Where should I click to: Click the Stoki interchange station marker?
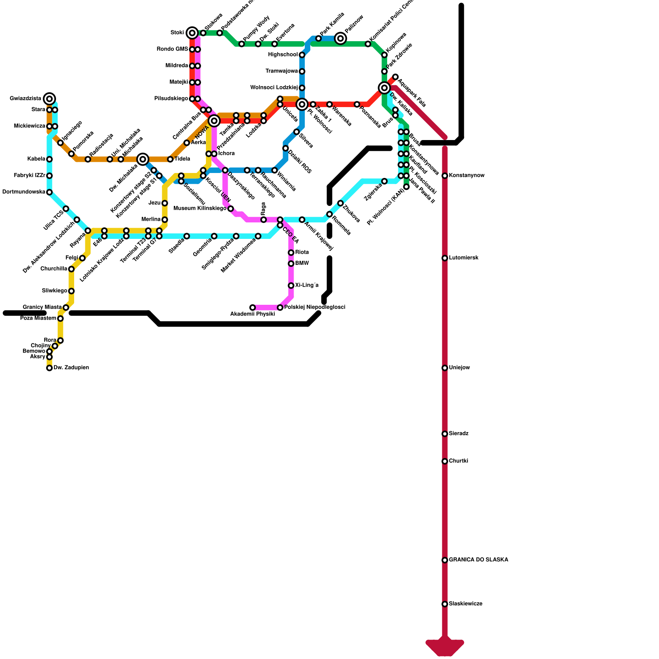[192, 33]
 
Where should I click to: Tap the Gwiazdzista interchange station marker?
[49, 99]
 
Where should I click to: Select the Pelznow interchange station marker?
[341, 38]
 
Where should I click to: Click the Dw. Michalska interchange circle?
[143, 159]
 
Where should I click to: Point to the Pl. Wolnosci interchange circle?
[302, 104]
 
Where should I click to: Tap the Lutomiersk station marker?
[445, 258]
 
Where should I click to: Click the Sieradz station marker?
[445, 434]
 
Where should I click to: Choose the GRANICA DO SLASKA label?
[478, 560]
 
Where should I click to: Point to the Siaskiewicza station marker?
[445, 604]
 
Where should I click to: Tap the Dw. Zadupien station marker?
[49, 368]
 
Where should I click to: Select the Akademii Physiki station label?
[252, 314]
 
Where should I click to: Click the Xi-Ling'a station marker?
[291, 285]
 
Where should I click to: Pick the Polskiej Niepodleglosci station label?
[314, 307]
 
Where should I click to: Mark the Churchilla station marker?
[71, 269]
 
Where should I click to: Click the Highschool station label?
[283, 55]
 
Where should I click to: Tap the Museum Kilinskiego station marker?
[231, 209]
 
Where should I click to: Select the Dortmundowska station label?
[23, 192]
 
